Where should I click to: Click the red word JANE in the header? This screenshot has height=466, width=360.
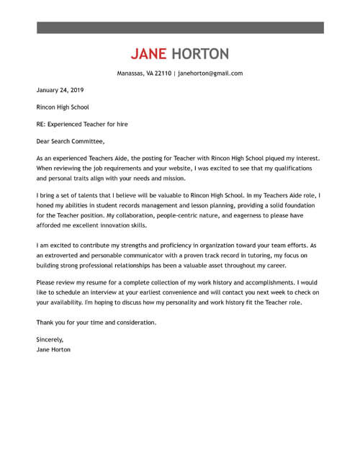coord(149,54)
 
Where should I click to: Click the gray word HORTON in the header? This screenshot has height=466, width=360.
coord(199,54)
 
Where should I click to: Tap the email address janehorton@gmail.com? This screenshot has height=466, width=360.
coord(210,73)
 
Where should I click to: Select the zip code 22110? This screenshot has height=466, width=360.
coord(162,73)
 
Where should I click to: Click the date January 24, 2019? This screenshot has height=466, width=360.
coord(60,90)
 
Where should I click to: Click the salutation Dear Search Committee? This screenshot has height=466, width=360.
coord(70,140)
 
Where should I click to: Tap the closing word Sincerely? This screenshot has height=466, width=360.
coord(50,339)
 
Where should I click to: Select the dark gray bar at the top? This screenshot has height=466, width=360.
coord(180,28)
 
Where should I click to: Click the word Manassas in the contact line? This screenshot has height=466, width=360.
coord(131,73)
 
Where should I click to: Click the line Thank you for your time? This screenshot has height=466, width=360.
coord(95,322)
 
